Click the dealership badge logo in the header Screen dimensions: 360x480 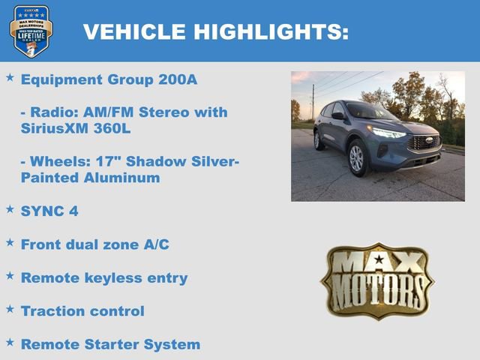pyautogui.click(x=31, y=31)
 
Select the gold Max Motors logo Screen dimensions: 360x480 pyautogui.click(x=377, y=280)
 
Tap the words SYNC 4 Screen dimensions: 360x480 pyautogui.click(x=49, y=211)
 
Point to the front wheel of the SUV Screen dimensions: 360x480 pyautogui.click(x=357, y=158)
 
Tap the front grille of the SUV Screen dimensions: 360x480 pyautogui.click(x=425, y=142)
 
